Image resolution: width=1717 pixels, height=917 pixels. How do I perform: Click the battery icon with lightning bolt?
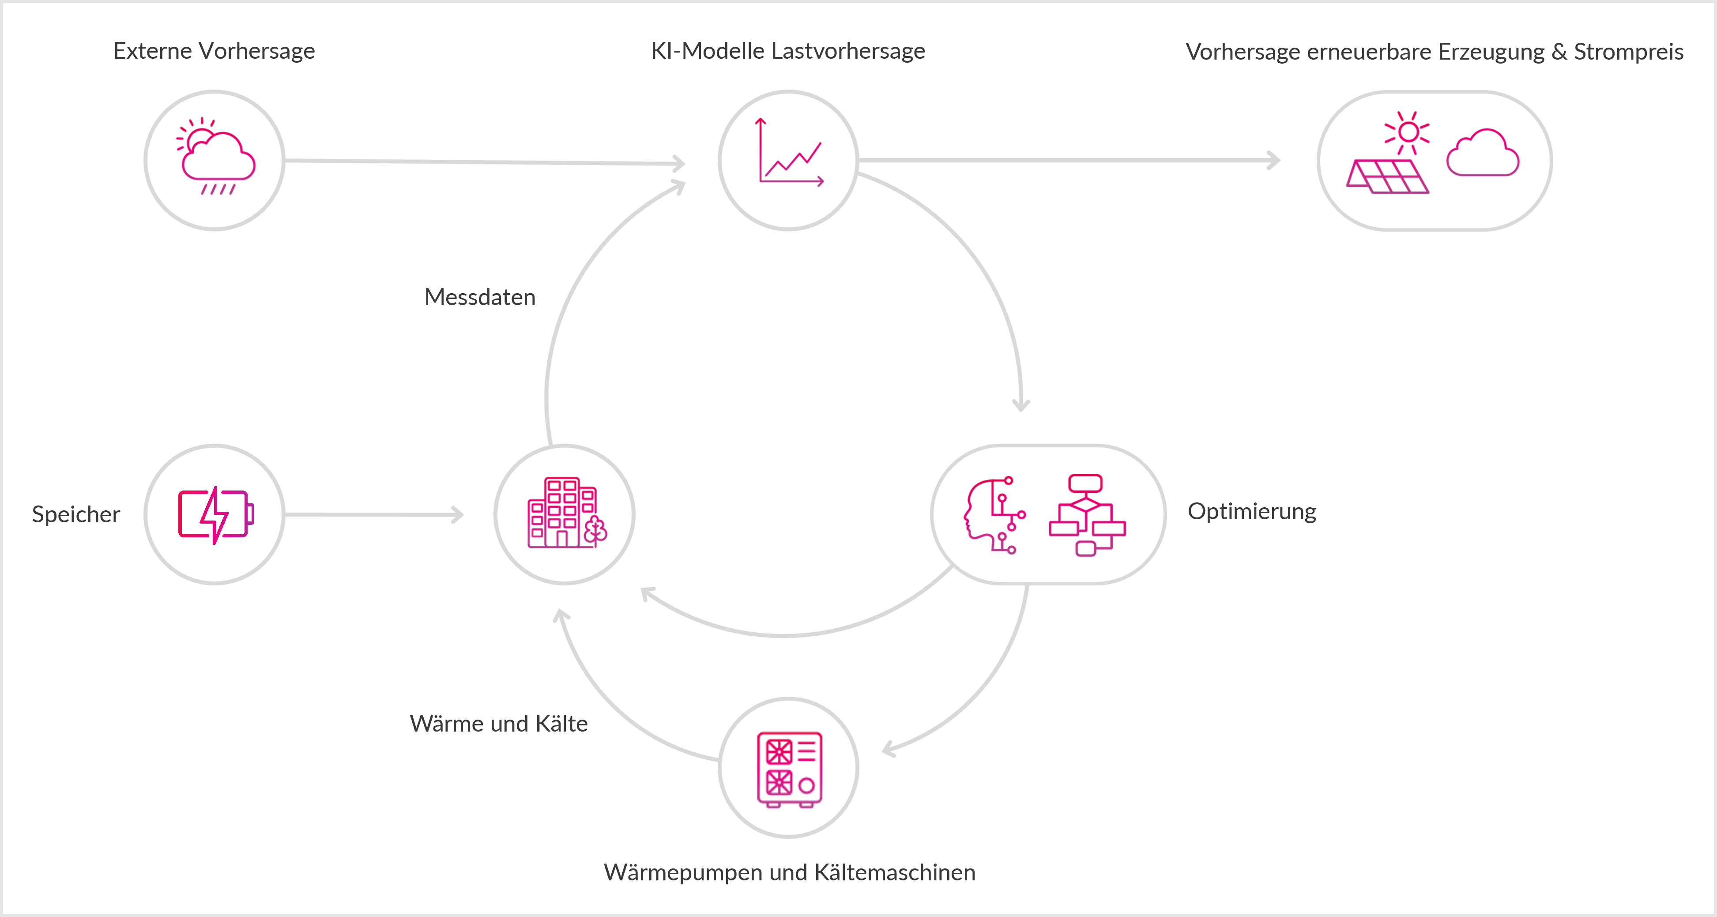pos(215,515)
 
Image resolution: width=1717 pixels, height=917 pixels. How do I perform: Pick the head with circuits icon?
pos(993,515)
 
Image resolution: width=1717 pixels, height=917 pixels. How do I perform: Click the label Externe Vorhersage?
pos(214,51)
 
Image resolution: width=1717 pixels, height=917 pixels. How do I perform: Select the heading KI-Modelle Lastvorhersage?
pos(788,51)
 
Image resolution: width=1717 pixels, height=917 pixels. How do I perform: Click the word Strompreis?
pos(1628,52)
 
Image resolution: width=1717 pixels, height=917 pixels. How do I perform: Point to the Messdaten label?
pos(480,298)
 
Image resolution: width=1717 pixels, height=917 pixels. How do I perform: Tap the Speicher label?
pos(76,515)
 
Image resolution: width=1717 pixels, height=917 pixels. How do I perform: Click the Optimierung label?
pos(1252,512)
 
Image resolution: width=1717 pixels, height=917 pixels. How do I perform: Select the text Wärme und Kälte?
pos(499,724)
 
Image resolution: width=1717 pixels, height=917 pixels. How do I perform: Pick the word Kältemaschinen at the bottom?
pos(895,873)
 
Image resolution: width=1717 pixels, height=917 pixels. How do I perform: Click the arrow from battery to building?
pos(373,515)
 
